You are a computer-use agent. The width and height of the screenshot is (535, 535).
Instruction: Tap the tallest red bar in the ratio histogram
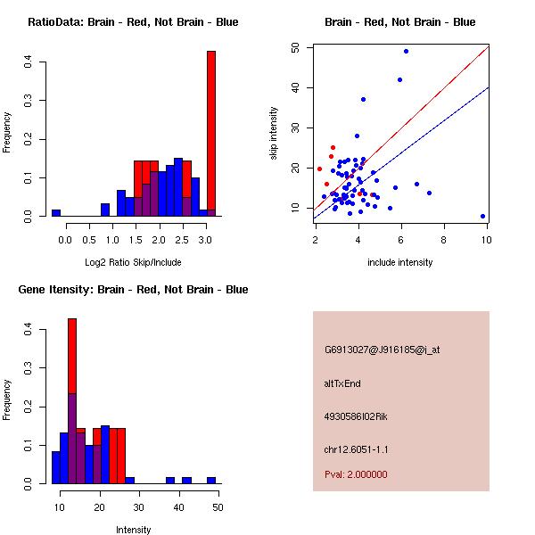tap(211, 125)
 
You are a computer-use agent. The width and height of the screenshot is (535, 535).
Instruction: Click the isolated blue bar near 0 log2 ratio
tap(56, 213)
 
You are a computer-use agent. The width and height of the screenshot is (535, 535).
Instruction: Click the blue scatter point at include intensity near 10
tap(482, 216)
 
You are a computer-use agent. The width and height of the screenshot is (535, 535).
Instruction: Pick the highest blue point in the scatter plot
tap(406, 51)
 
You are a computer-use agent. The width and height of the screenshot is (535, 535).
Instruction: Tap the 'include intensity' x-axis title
tap(400, 262)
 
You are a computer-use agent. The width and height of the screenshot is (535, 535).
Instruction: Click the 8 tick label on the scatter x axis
tap(444, 239)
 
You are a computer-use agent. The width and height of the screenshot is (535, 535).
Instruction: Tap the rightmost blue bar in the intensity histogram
tap(211, 480)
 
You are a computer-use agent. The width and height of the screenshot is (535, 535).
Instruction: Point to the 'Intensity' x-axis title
tap(133, 530)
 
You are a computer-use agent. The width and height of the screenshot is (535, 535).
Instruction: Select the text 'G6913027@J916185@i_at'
tap(382, 350)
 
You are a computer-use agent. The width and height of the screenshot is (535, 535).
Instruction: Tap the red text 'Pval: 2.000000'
tap(356, 474)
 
